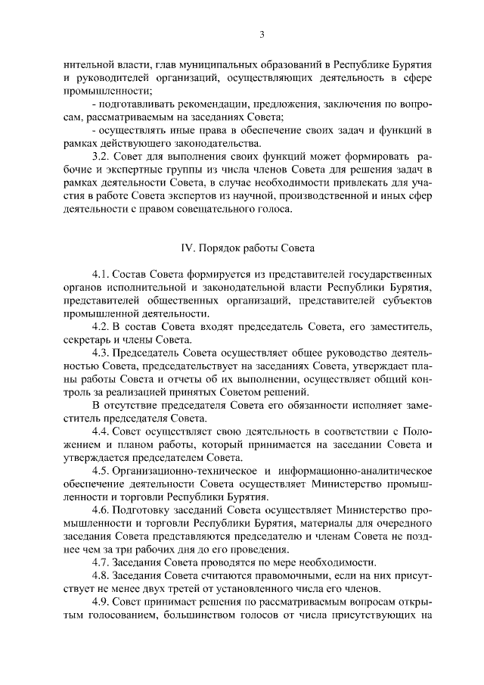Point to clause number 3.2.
(x=101, y=156)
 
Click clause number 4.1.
(x=101, y=273)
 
